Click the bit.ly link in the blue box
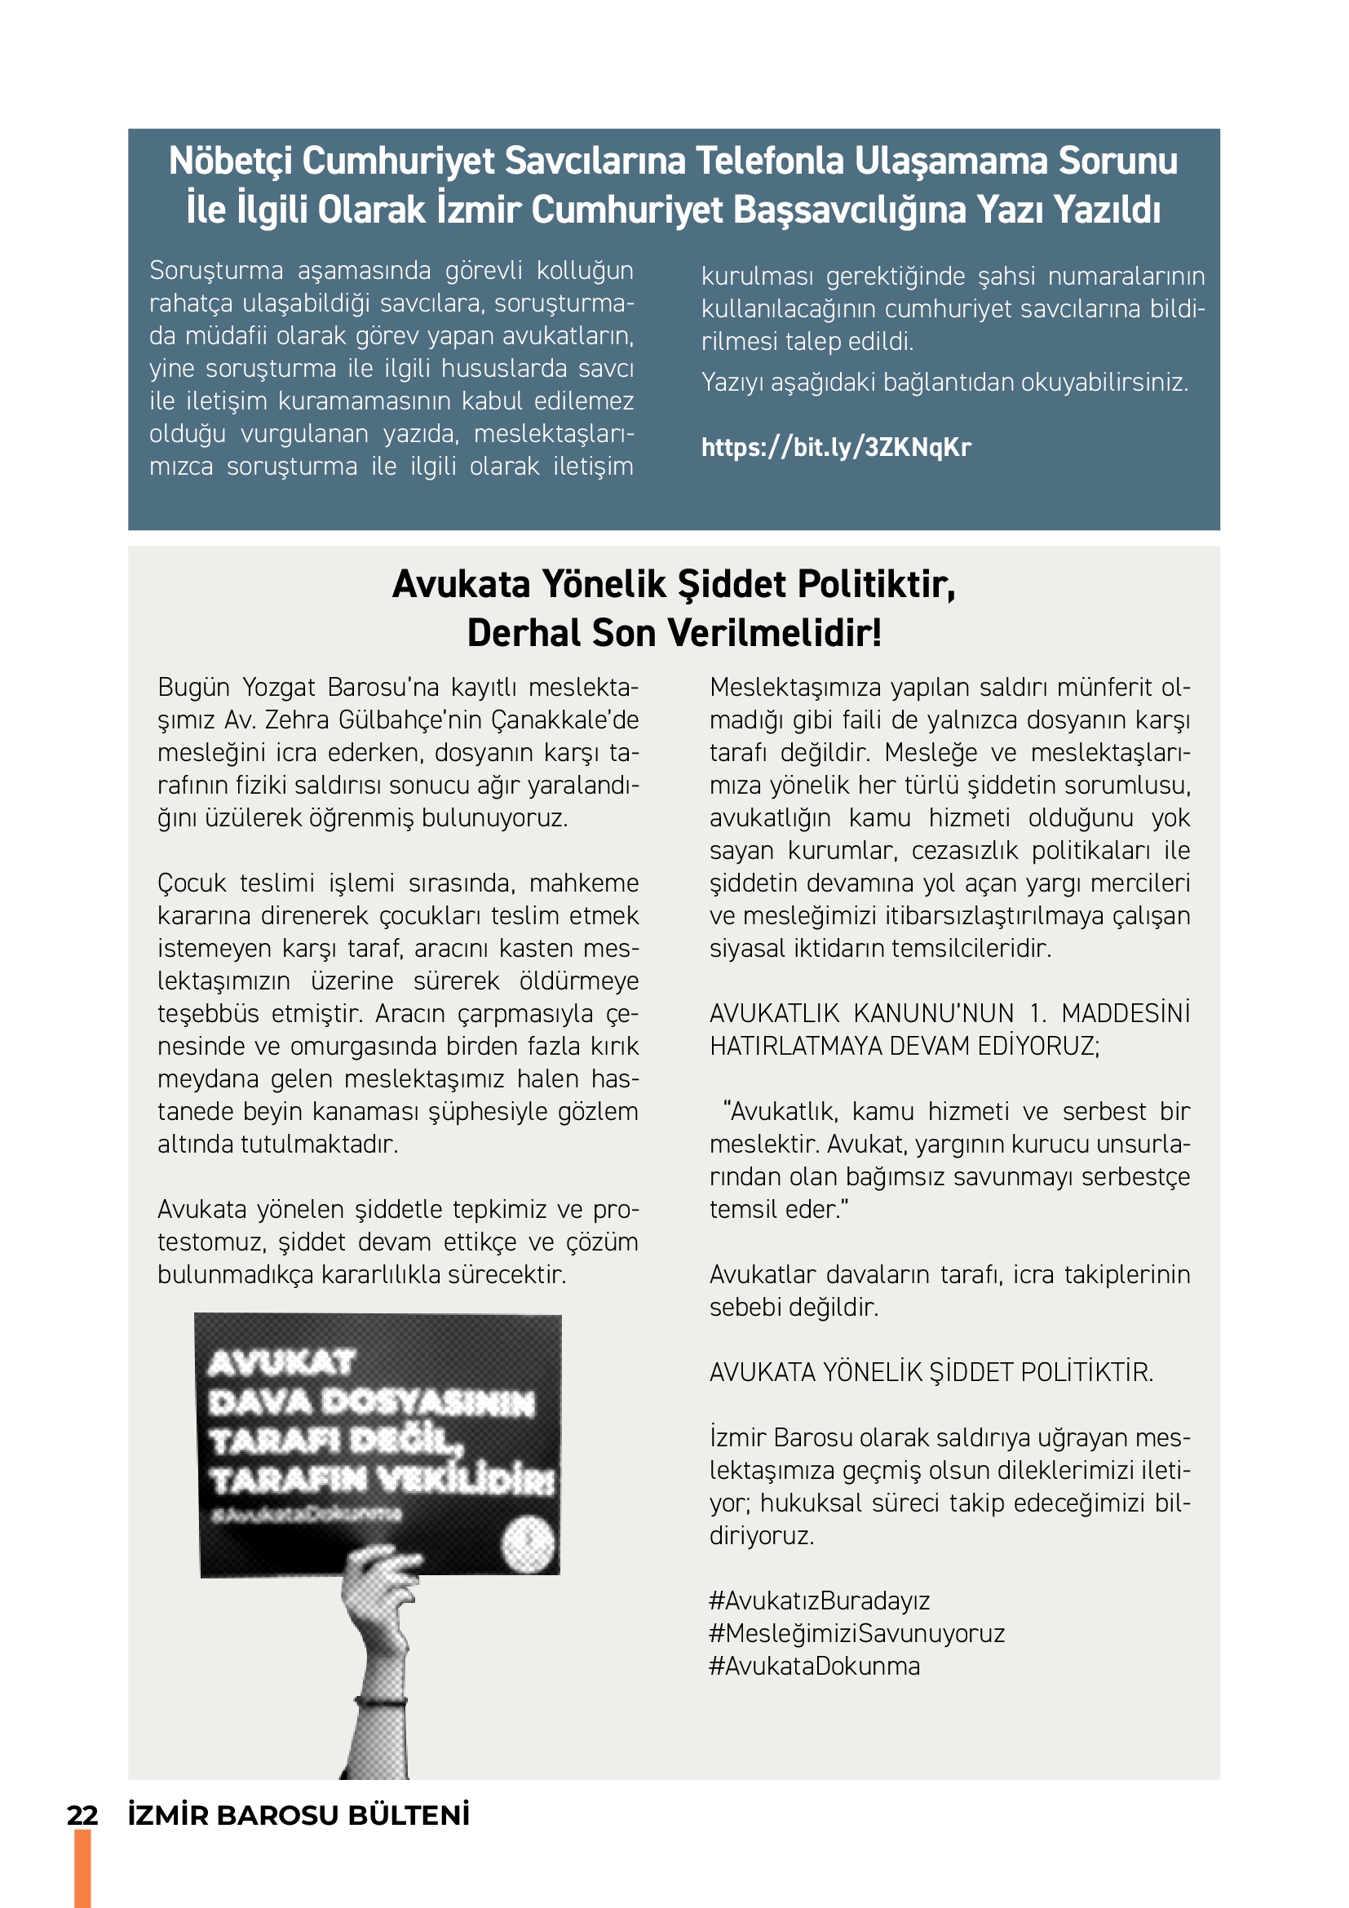click(x=836, y=448)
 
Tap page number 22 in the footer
click(x=82, y=1816)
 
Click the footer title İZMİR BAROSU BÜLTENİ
click(x=299, y=1816)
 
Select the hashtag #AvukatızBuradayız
click(x=819, y=1600)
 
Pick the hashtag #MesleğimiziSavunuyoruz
click(x=856, y=1633)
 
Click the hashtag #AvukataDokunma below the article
click(x=814, y=1667)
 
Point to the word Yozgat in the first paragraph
click(x=278, y=687)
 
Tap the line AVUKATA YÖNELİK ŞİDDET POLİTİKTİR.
click(x=931, y=1372)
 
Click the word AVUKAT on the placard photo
click(x=281, y=1363)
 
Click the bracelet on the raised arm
click(x=381, y=1701)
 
